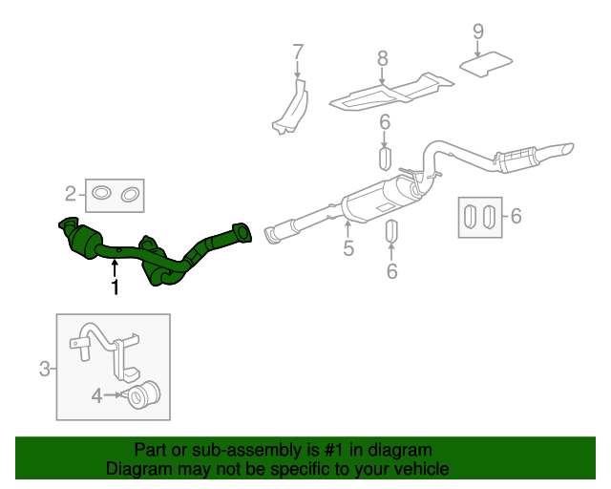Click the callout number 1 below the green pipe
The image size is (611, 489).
(x=116, y=287)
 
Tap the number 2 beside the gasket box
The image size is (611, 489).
(x=71, y=195)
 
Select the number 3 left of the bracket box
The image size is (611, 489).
(x=44, y=368)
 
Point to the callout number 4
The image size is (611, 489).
(x=96, y=393)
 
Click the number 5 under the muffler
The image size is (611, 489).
(x=348, y=248)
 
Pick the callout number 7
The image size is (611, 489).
(x=297, y=52)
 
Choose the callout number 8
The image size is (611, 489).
(x=383, y=59)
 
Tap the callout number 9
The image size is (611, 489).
(x=478, y=32)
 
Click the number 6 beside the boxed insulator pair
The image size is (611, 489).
(x=516, y=217)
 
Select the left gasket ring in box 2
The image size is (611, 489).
(x=99, y=196)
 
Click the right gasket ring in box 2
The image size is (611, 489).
(x=130, y=196)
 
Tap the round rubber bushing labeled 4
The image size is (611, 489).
(x=145, y=393)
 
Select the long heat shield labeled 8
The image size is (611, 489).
(x=391, y=92)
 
